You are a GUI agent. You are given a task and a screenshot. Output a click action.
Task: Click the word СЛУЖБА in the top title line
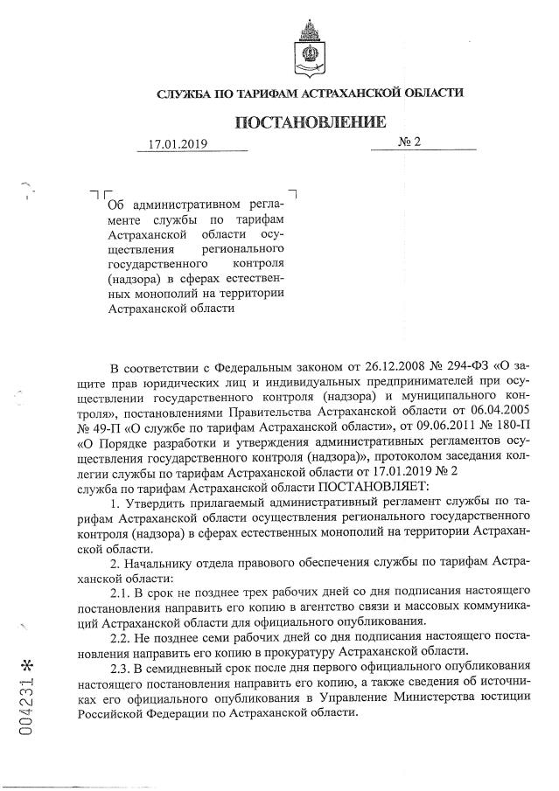(x=181, y=93)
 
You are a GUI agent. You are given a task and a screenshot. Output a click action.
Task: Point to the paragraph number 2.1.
(x=136, y=595)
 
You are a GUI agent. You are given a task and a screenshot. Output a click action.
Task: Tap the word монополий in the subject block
(x=166, y=294)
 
